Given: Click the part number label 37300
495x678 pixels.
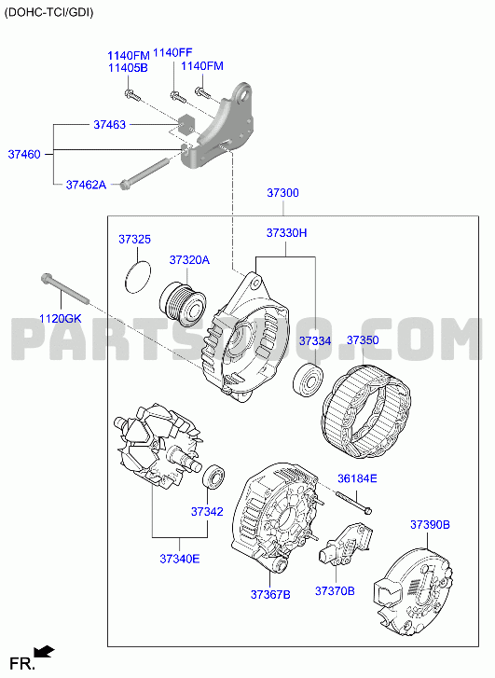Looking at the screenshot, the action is [x=282, y=193].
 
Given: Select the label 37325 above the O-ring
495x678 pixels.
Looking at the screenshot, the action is [x=135, y=239].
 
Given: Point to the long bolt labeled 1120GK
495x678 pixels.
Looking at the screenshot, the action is [x=65, y=288].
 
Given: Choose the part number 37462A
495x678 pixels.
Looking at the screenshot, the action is [x=86, y=185].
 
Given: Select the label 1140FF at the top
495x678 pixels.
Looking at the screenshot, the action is [x=173, y=53].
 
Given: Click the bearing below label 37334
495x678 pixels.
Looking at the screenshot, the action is [x=308, y=381].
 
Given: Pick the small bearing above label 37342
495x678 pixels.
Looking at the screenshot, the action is [x=213, y=477].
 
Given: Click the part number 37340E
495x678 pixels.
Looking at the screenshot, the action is [x=180, y=559].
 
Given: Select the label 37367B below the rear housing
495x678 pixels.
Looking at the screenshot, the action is [x=270, y=595].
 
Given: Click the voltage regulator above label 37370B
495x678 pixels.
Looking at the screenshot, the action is [x=346, y=545].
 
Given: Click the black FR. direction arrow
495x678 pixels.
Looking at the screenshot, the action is [x=45, y=651].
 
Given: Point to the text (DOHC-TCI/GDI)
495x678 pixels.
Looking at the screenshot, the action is [x=48, y=12].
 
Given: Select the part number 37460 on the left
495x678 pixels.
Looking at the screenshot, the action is [x=24, y=155].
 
